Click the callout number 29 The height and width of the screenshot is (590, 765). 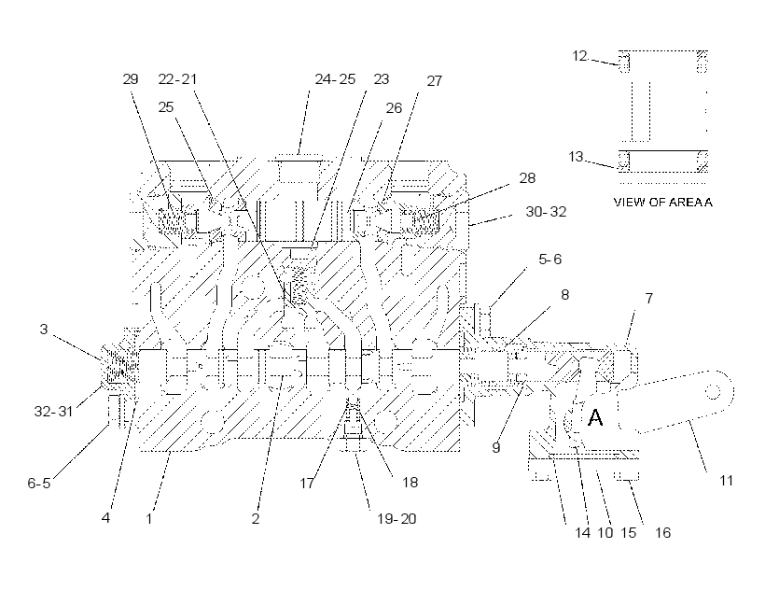[131, 79]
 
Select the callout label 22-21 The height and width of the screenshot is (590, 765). [177, 79]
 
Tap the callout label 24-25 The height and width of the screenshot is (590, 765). [335, 79]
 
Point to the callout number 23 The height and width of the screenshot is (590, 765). [381, 79]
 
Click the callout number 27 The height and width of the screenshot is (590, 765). [434, 81]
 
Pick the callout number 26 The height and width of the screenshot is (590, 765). [394, 108]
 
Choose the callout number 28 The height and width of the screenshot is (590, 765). [527, 178]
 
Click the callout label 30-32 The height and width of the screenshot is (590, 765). [546, 212]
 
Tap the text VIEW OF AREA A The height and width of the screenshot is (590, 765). [662, 202]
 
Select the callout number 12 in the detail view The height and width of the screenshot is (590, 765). [579, 56]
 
